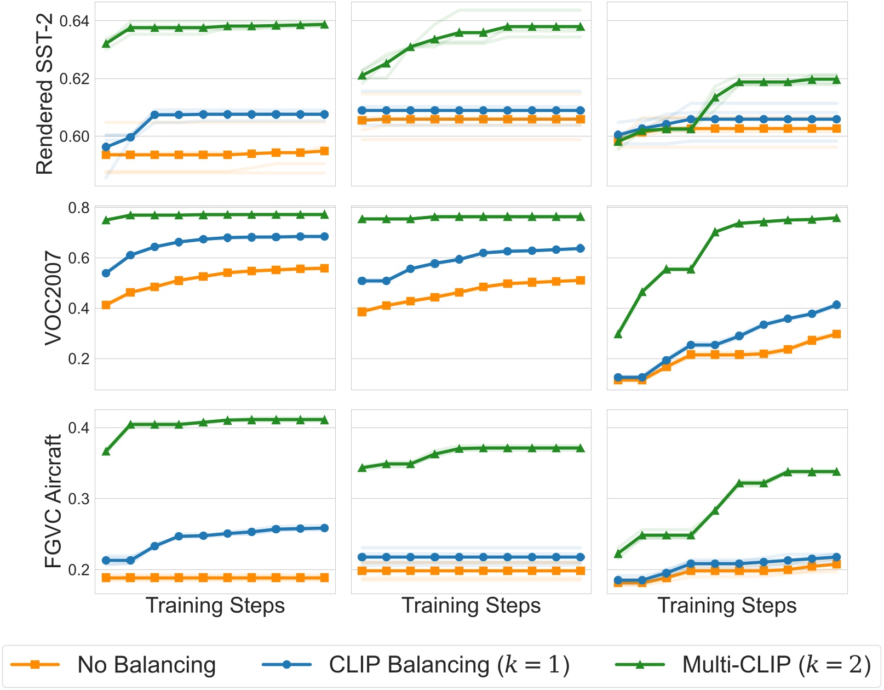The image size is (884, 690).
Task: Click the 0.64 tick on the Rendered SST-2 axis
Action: point(74,21)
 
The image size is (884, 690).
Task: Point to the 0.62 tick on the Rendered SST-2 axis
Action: point(74,78)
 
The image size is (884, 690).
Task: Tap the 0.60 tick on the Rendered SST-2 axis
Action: point(74,136)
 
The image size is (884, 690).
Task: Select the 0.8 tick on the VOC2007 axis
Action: point(79,208)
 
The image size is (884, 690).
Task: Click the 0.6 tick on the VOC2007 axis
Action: point(79,258)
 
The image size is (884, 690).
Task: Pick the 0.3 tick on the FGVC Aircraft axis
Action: point(79,499)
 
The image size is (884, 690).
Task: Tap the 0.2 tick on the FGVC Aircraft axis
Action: point(79,570)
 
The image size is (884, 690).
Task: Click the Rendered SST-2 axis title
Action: point(44,94)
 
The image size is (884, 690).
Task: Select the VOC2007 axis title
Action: point(53,298)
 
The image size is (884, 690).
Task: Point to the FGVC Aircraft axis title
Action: point(53,501)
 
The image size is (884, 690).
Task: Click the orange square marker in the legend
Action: point(36,665)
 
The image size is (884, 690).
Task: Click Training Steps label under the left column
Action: point(215,606)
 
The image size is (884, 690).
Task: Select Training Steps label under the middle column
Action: point(471,606)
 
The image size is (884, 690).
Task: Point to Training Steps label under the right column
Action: point(727,606)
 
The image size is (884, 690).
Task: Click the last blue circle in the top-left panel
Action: point(325,115)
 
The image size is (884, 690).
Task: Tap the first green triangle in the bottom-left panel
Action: point(106,452)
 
